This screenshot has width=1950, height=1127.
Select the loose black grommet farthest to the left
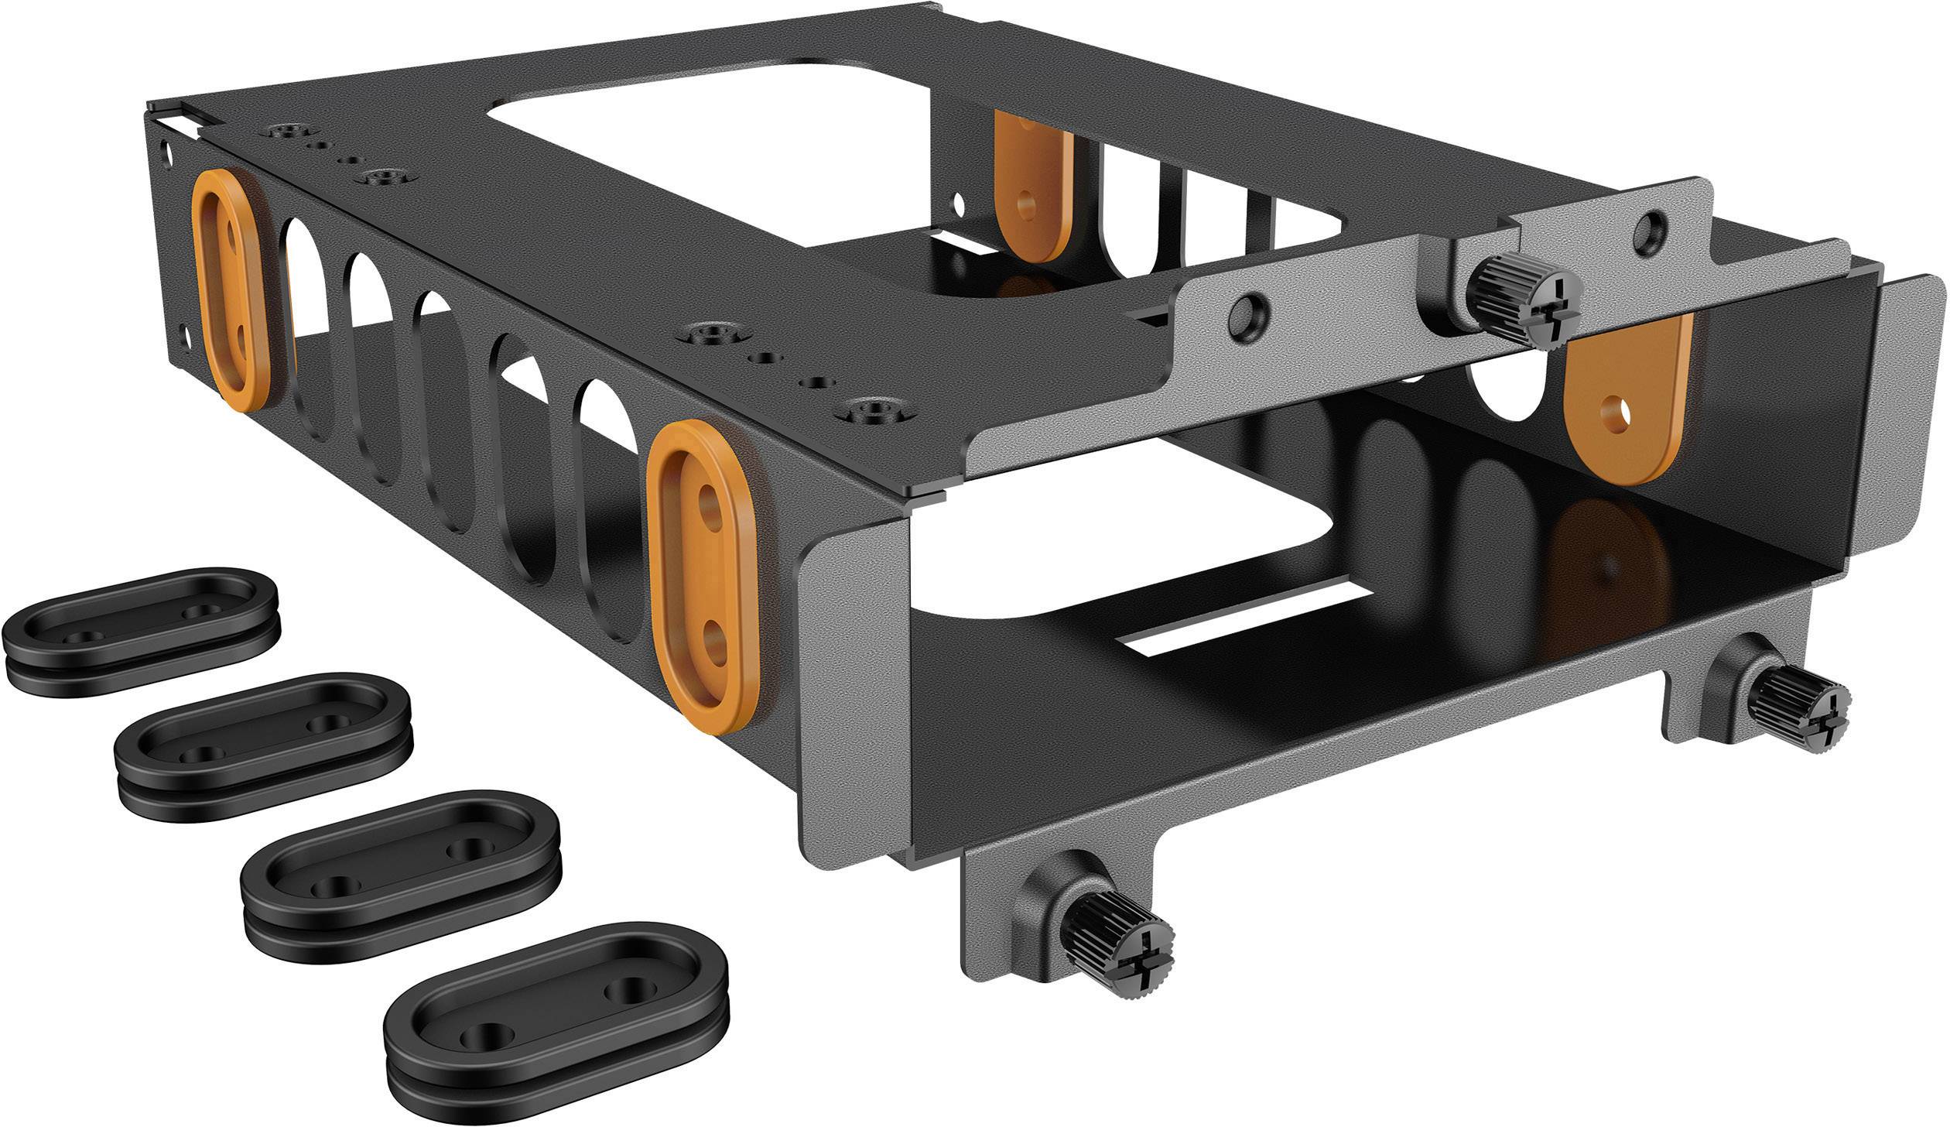pos(139,631)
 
